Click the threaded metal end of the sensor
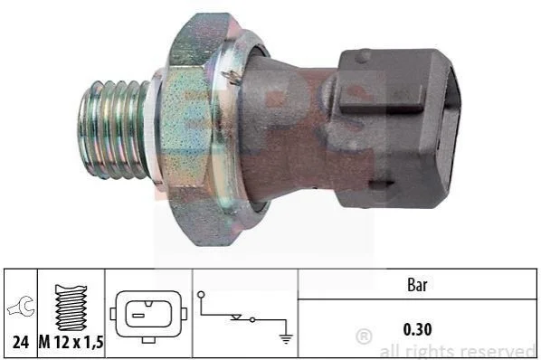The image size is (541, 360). click(114, 130)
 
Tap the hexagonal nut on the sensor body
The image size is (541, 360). click(194, 129)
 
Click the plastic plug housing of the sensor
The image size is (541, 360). click(397, 128)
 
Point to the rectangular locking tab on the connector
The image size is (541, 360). click(381, 98)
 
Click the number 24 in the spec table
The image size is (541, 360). click(21, 343)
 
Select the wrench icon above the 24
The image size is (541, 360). click(22, 307)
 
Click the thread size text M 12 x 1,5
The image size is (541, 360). click(71, 343)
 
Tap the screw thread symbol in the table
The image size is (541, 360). click(71, 308)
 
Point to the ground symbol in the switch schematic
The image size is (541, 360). click(286, 339)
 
